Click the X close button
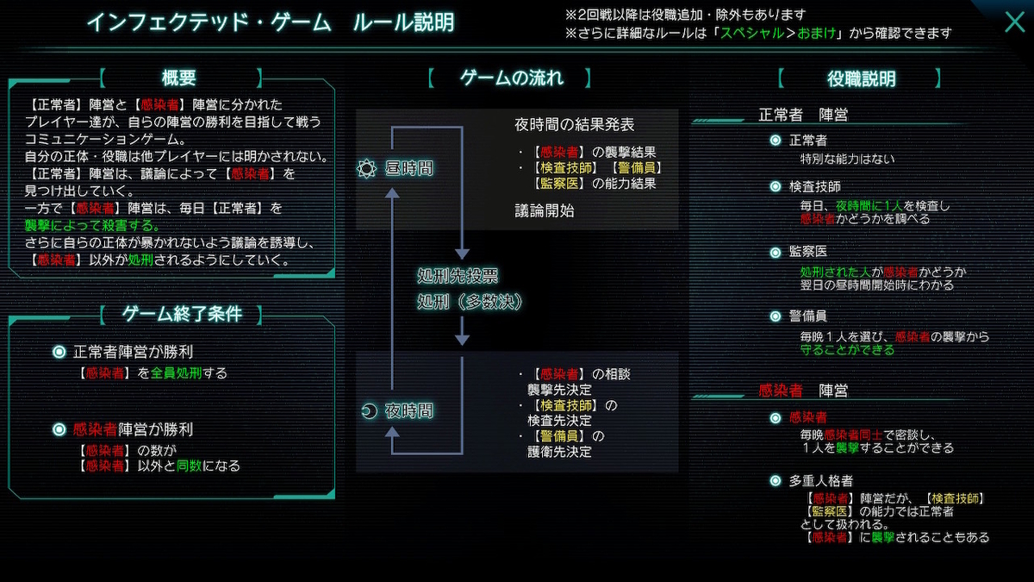click(x=1014, y=22)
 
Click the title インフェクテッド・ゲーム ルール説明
click(x=271, y=22)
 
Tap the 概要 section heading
click(x=179, y=78)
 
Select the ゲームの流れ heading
click(x=511, y=78)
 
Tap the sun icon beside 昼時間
click(x=367, y=169)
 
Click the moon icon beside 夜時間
click(x=368, y=411)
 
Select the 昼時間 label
click(x=408, y=169)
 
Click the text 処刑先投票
click(x=458, y=277)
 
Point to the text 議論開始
click(x=545, y=210)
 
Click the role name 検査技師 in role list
click(x=814, y=186)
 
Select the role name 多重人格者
click(x=821, y=480)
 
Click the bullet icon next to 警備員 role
click(x=775, y=316)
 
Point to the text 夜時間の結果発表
click(x=574, y=125)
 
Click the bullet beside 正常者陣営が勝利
click(x=59, y=352)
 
